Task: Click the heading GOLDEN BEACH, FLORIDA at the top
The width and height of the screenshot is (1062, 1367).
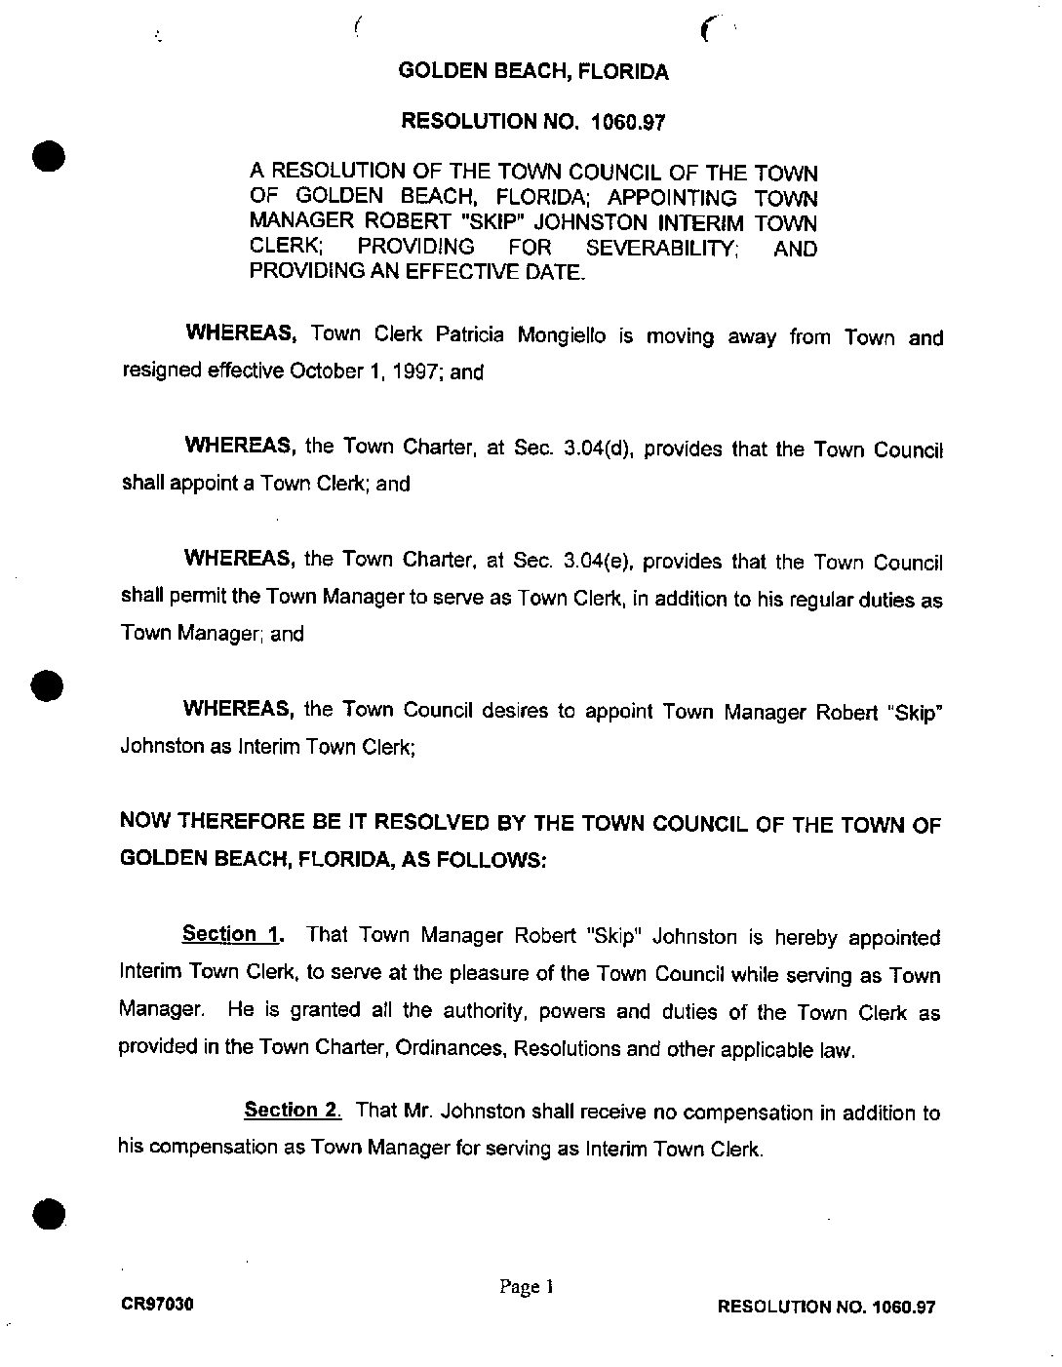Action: pos(533,71)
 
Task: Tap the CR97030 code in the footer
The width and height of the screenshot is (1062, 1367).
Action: pos(157,1304)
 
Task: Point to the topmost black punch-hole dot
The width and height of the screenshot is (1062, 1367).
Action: pos(47,156)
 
